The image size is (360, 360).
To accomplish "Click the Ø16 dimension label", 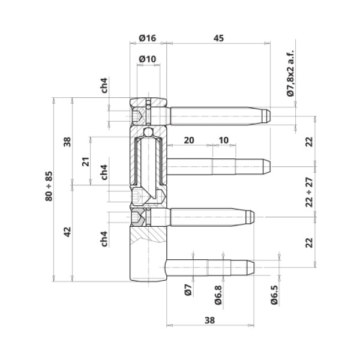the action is pyautogui.click(x=148, y=38).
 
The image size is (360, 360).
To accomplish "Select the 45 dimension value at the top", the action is pyautogui.click(x=218, y=38).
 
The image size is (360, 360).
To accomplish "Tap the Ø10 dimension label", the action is pyautogui.click(x=148, y=59).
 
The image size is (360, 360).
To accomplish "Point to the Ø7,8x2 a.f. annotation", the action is pyautogui.click(x=290, y=73).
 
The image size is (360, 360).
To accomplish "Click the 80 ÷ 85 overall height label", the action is pyautogui.click(x=49, y=186).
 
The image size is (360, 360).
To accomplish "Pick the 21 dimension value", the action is pyautogui.click(x=85, y=161).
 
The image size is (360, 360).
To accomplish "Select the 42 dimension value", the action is pyautogui.click(x=67, y=232).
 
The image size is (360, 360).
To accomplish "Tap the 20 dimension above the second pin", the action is pyautogui.click(x=189, y=140).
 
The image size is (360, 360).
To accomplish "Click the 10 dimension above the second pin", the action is pyautogui.click(x=224, y=140).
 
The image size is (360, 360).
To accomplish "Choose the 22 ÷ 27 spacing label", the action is pyautogui.click(x=309, y=192).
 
